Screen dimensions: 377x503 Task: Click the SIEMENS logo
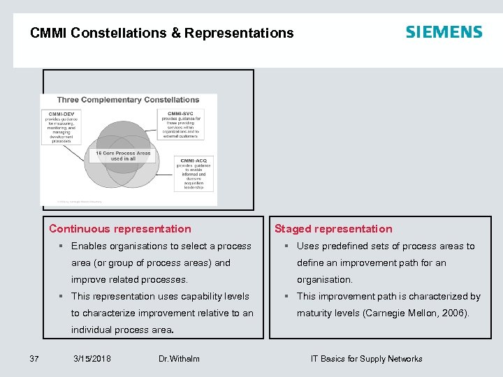click(x=444, y=32)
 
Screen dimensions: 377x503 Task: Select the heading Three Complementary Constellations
click(x=128, y=100)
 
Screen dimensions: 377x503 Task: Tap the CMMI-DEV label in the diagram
click(x=61, y=114)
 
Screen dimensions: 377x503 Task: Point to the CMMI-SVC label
click(x=180, y=114)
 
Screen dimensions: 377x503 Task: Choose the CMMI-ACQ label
click(x=194, y=161)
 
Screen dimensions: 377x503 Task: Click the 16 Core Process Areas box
click(x=122, y=155)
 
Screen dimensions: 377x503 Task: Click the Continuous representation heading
click(x=119, y=229)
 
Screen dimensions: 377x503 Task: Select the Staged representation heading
click(x=333, y=229)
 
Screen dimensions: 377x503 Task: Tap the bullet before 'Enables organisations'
click(x=62, y=246)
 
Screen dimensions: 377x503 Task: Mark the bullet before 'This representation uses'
click(x=62, y=297)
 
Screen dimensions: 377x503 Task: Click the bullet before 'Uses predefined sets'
click(x=288, y=246)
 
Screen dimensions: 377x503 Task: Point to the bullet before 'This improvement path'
click(x=288, y=297)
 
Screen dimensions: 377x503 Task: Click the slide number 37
click(x=34, y=359)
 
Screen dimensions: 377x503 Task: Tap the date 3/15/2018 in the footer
click(x=92, y=359)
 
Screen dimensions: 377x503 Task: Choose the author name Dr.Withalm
click(x=179, y=359)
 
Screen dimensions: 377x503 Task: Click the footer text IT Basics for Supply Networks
click(x=366, y=359)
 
